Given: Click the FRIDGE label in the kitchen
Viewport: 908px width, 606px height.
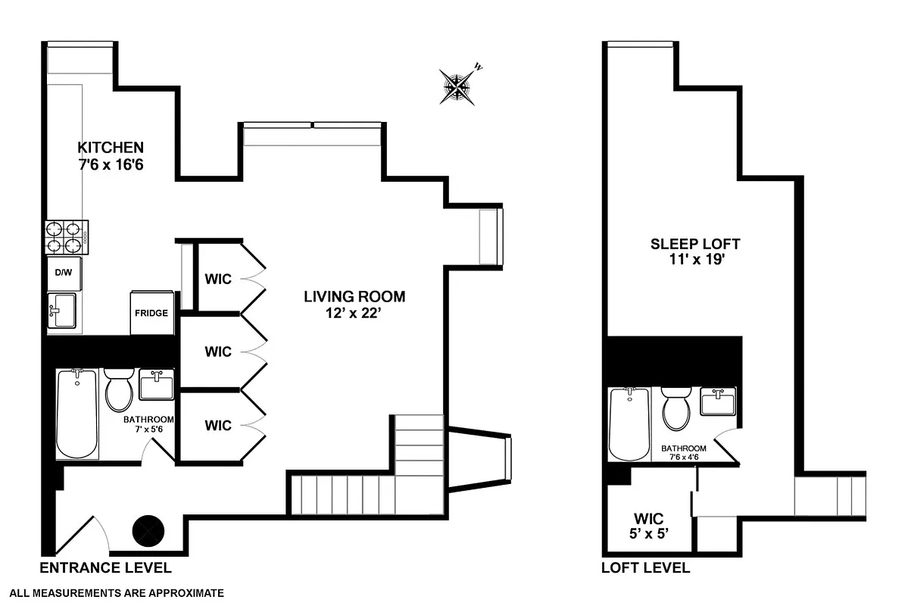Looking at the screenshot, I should [x=151, y=313].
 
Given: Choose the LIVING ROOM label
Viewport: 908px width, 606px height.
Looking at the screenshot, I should [x=354, y=296].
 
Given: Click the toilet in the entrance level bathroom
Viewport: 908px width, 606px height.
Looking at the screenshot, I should [x=119, y=391].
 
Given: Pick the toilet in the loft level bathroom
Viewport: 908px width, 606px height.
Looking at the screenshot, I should [x=675, y=409].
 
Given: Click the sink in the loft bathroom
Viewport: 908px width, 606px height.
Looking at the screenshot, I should [x=716, y=401].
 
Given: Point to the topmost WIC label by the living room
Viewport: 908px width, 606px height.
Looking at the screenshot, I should [x=217, y=279].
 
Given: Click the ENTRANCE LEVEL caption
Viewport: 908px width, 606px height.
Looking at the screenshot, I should [x=105, y=568].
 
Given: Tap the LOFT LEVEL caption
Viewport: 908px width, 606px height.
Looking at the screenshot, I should [x=645, y=568].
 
